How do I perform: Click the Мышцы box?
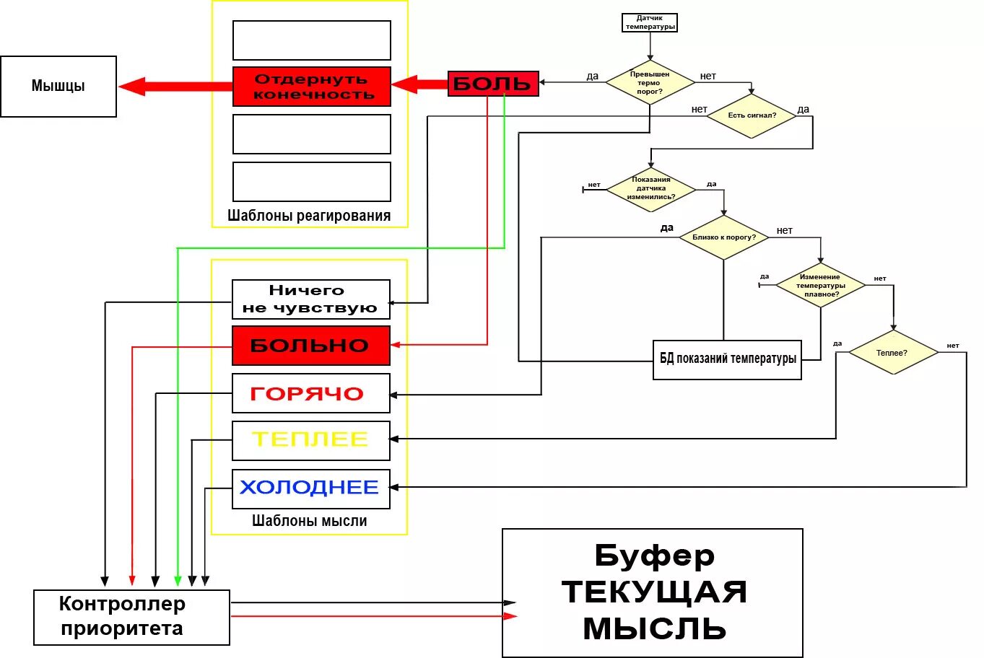point(58,87)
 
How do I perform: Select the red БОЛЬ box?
point(493,84)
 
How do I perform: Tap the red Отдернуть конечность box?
point(312,87)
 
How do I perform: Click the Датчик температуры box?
point(650,22)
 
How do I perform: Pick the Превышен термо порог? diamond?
point(650,82)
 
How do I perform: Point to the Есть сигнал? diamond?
point(752,115)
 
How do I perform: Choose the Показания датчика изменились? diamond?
point(651,189)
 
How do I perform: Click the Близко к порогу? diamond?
point(723,237)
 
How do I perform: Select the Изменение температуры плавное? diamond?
point(821,285)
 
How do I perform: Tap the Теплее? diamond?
point(893,353)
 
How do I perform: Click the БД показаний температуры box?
point(727,359)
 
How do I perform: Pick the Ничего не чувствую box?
point(311,299)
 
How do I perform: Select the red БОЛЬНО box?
point(311,346)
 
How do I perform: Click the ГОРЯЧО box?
point(311,394)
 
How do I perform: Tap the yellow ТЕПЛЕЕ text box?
point(311,440)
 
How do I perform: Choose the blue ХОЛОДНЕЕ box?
point(311,488)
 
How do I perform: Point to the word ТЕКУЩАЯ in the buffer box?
point(654,592)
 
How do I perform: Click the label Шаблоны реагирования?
point(309,215)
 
